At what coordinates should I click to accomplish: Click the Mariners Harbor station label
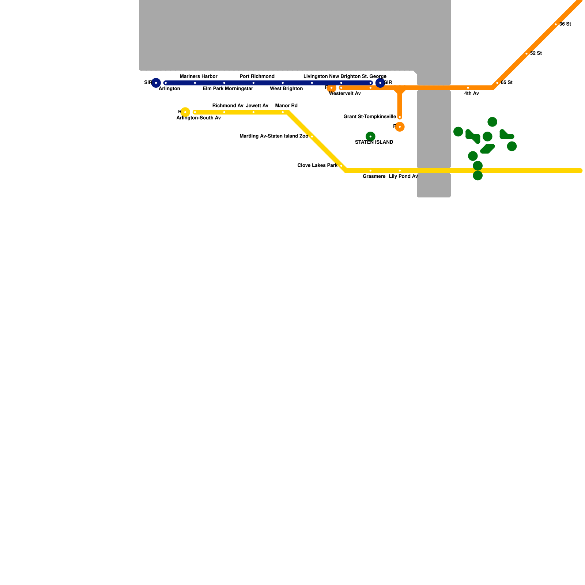pyautogui.click(x=199, y=76)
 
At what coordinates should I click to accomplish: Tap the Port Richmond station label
pyautogui.click(x=257, y=76)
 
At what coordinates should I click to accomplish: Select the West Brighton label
pyautogui.click(x=286, y=89)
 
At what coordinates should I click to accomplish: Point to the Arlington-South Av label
pyautogui.click(x=199, y=118)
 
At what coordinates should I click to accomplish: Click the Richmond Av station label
pyautogui.click(x=228, y=106)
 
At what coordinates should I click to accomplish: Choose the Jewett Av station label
pyautogui.click(x=257, y=106)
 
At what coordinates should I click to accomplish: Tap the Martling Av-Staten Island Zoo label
pyautogui.click(x=274, y=136)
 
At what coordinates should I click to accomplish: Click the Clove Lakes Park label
pyautogui.click(x=317, y=166)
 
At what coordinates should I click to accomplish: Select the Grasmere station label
pyautogui.click(x=374, y=177)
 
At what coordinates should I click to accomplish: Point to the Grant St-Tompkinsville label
pyautogui.click(x=370, y=117)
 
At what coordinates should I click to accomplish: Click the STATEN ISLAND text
pyautogui.click(x=374, y=142)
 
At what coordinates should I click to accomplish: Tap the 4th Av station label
pyautogui.click(x=471, y=94)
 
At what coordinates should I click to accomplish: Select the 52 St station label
pyautogui.click(x=536, y=53)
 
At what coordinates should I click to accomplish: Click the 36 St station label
pyautogui.click(x=565, y=24)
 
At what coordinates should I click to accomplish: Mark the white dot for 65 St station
pyautogui.click(x=497, y=83)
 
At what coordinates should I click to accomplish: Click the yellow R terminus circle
pyautogui.click(x=185, y=112)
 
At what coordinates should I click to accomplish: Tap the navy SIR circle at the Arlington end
pyautogui.click(x=156, y=83)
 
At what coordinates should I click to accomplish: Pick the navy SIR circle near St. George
pyautogui.click(x=380, y=83)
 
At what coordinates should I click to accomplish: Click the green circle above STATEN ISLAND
pyautogui.click(x=370, y=136)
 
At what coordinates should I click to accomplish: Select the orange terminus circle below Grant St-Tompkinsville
pyautogui.click(x=400, y=127)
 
